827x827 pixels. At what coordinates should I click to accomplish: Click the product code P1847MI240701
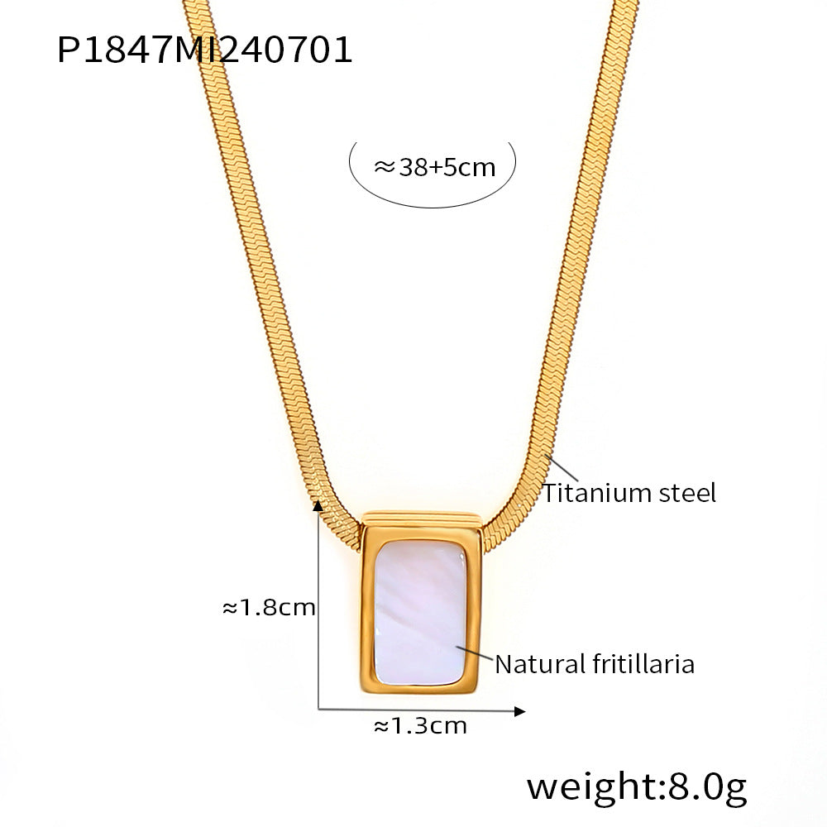click(x=204, y=50)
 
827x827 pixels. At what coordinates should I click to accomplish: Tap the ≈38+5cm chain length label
click(x=435, y=168)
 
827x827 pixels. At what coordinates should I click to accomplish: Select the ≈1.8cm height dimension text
click(x=269, y=608)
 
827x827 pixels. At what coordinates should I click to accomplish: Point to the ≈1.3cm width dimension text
click(x=420, y=726)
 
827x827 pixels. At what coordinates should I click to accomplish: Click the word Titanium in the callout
click(x=590, y=493)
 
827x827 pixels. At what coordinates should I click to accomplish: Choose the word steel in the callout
click(x=681, y=493)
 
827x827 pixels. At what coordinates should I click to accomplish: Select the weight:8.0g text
click(x=637, y=788)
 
